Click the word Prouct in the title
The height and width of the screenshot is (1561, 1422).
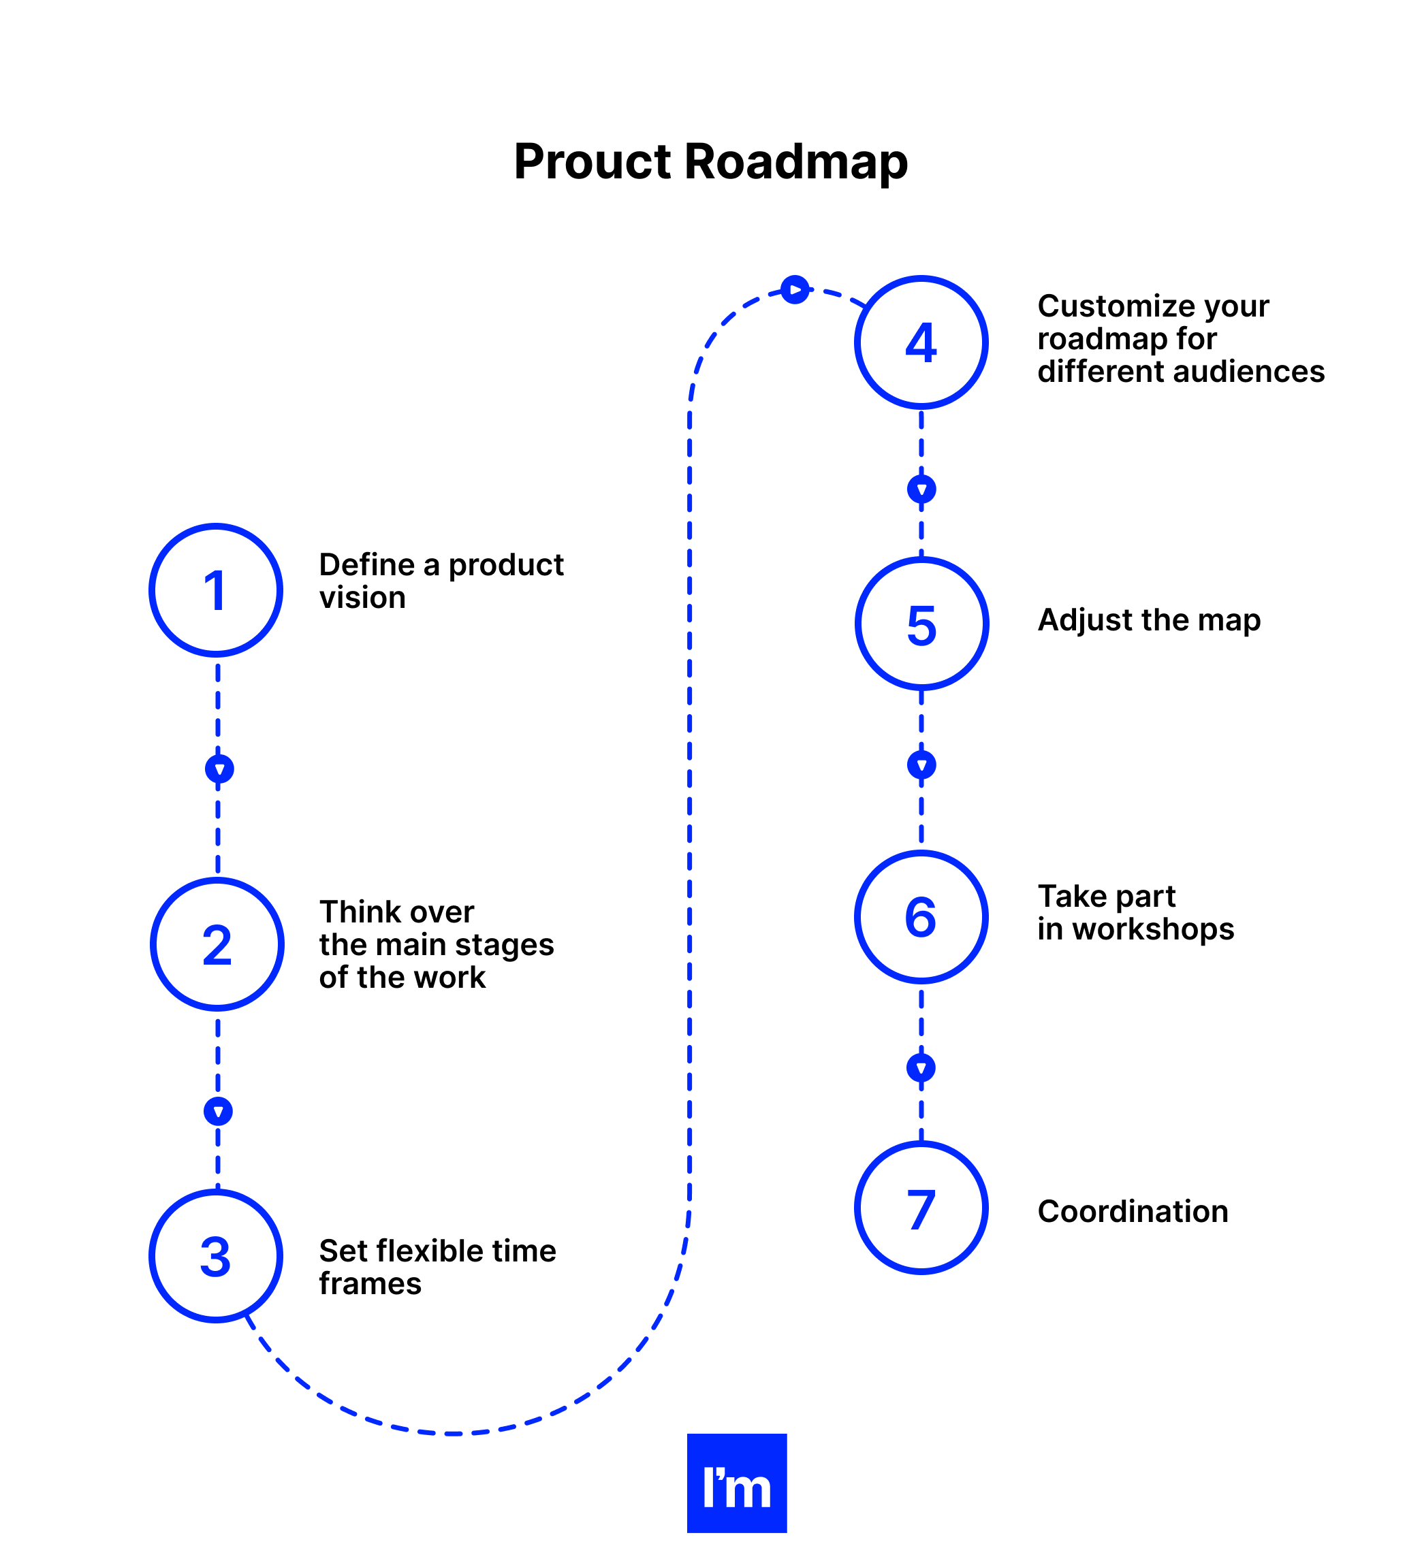click(592, 162)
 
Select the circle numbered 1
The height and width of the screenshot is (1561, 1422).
click(216, 591)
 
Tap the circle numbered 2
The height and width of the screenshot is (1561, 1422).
click(217, 945)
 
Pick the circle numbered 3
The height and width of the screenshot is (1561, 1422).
click(216, 1256)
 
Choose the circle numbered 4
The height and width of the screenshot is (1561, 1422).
click(921, 342)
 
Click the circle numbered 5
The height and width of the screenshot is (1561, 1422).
click(921, 624)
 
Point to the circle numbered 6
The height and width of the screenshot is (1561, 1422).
click(921, 917)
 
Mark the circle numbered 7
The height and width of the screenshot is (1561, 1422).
click(921, 1208)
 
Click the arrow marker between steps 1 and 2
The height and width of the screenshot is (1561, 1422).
click(219, 769)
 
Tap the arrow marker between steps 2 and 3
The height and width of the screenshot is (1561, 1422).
click(219, 1111)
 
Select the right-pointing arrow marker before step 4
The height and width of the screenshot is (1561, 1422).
click(795, 289)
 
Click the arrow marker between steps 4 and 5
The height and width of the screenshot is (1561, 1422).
click(921, 489)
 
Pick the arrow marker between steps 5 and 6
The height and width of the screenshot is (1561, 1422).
click(921, 765)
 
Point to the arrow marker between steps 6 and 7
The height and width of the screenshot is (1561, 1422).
click(920, 1067)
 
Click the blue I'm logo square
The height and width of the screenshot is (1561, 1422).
click(737, 1483)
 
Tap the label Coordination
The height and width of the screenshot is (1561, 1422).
click(1133, 1211)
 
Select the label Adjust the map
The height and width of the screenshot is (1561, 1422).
click(1149, 620)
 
